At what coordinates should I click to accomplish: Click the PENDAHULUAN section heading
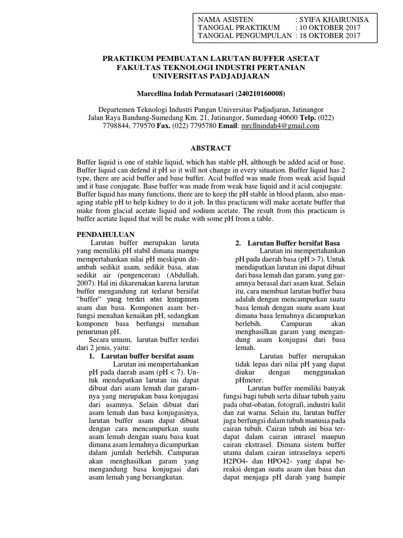point(106,234)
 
